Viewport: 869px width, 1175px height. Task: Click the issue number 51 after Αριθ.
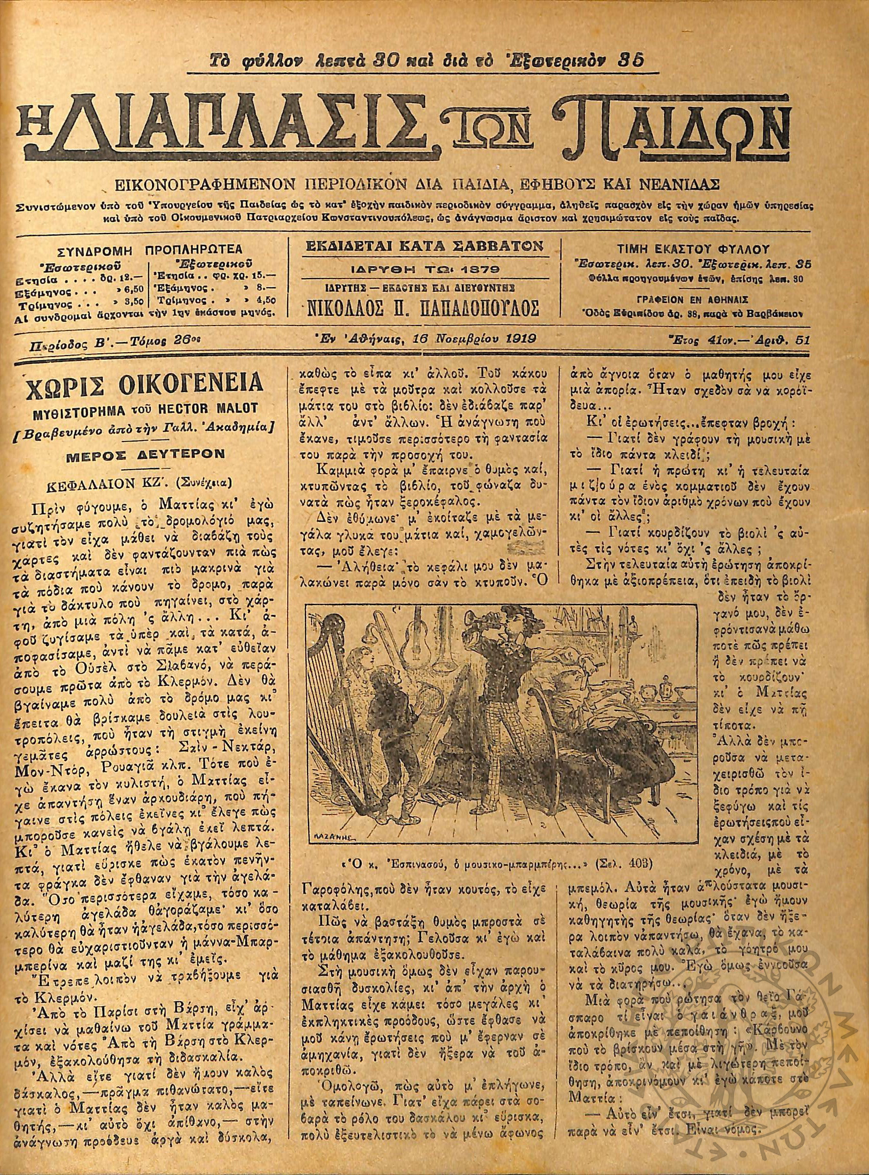(x=803, y=340)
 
